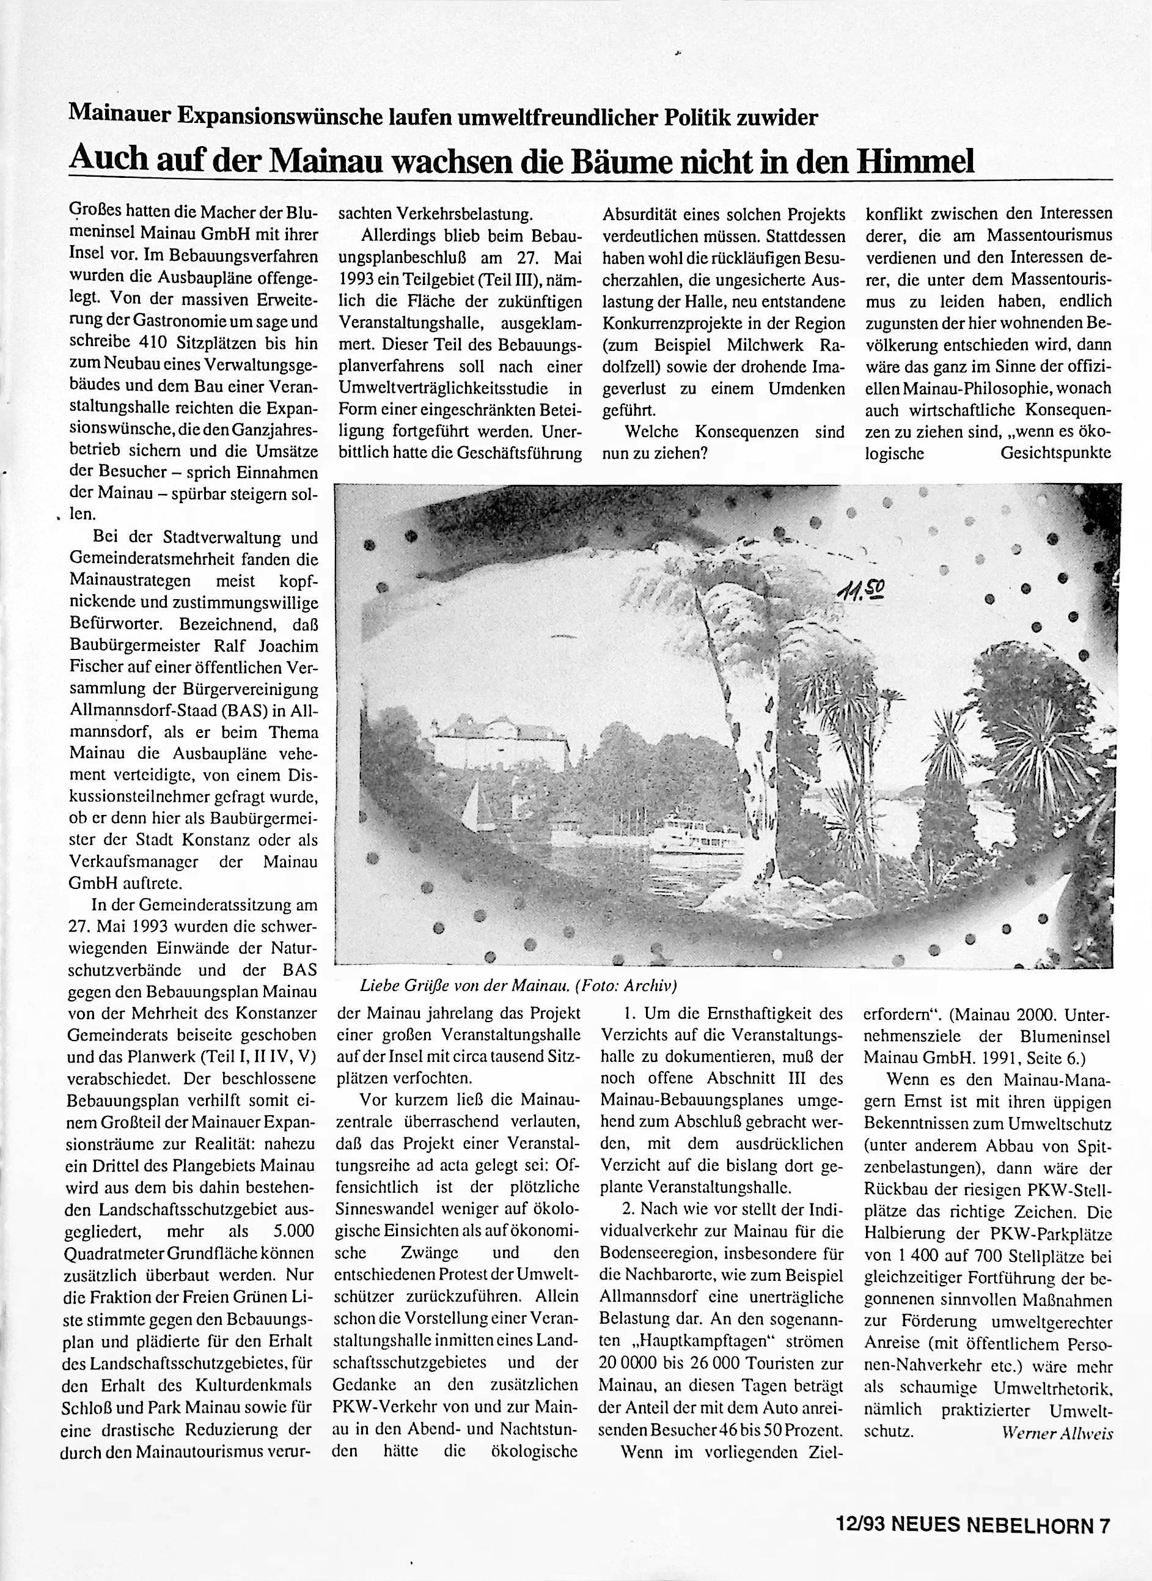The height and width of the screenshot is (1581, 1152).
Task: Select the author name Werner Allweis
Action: [x=1057, y=1434]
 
